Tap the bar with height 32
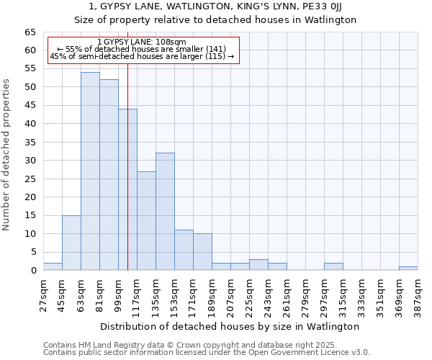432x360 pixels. tap(165, 212)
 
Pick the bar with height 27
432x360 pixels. tap(146, 220)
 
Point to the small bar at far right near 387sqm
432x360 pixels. tap(408, 269)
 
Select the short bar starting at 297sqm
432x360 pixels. tap(333, 266)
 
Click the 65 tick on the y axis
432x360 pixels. tap(30, 32)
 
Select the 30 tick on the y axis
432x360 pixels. tap(30, 161)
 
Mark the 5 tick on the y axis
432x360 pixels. tap(33, 252)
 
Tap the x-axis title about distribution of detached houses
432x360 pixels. tap(230, 326)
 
